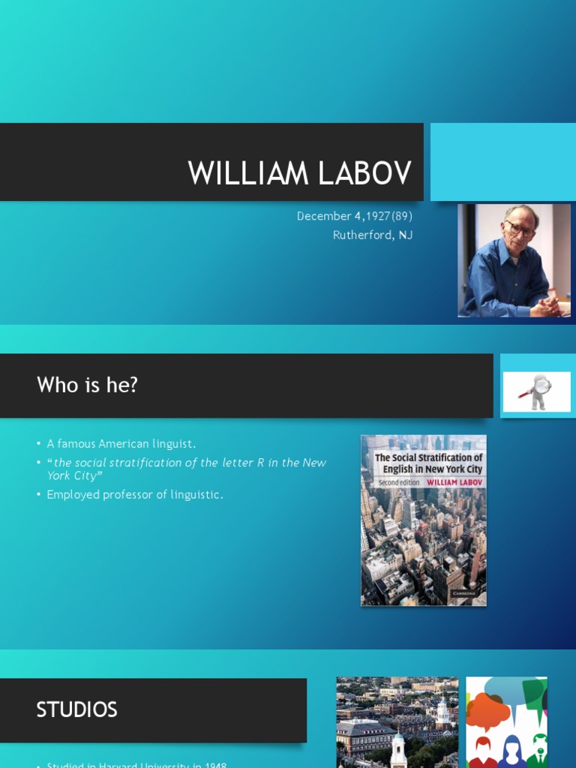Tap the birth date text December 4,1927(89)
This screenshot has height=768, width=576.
point(355,216)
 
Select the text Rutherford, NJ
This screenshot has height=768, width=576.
point(373,235)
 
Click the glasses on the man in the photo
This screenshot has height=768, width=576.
point(519,227)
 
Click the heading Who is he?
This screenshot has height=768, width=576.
point(87,385)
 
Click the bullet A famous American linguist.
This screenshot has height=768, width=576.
point(121,444)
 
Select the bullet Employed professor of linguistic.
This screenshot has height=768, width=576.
point(135,494)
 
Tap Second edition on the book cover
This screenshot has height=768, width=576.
point(399,481)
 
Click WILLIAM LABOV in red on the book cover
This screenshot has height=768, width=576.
point(454,481)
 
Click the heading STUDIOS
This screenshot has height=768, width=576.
point(76,709)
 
